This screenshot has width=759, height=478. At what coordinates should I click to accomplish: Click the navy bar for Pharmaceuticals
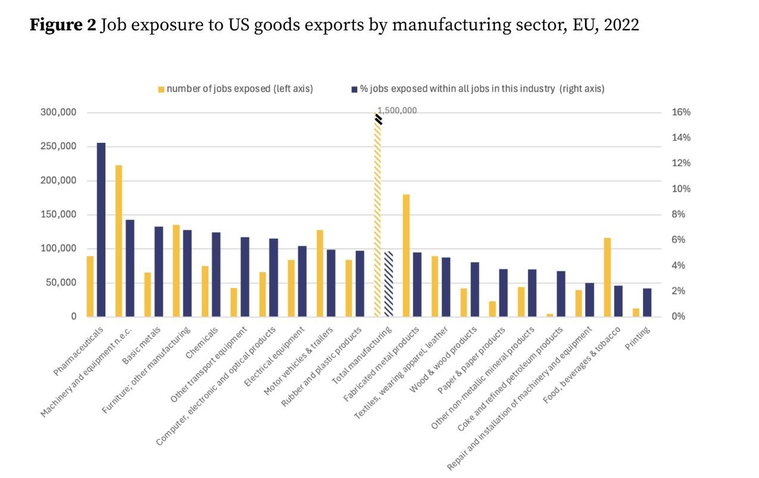(101, 230)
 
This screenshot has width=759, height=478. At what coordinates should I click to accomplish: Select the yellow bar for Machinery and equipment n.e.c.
(119, 240)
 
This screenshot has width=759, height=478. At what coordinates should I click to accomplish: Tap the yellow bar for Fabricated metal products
(406, 255)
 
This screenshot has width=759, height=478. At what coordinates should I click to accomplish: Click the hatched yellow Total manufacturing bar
(377, 220)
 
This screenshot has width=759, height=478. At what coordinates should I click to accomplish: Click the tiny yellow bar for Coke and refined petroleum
(549, 315)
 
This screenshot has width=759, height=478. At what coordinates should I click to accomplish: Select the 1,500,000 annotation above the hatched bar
(397, 111)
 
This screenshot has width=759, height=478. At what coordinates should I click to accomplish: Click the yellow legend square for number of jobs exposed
(161, 89)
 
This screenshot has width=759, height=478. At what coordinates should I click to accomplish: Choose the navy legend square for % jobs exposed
(354, 89)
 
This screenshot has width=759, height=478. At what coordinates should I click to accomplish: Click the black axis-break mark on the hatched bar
(378, 120)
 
